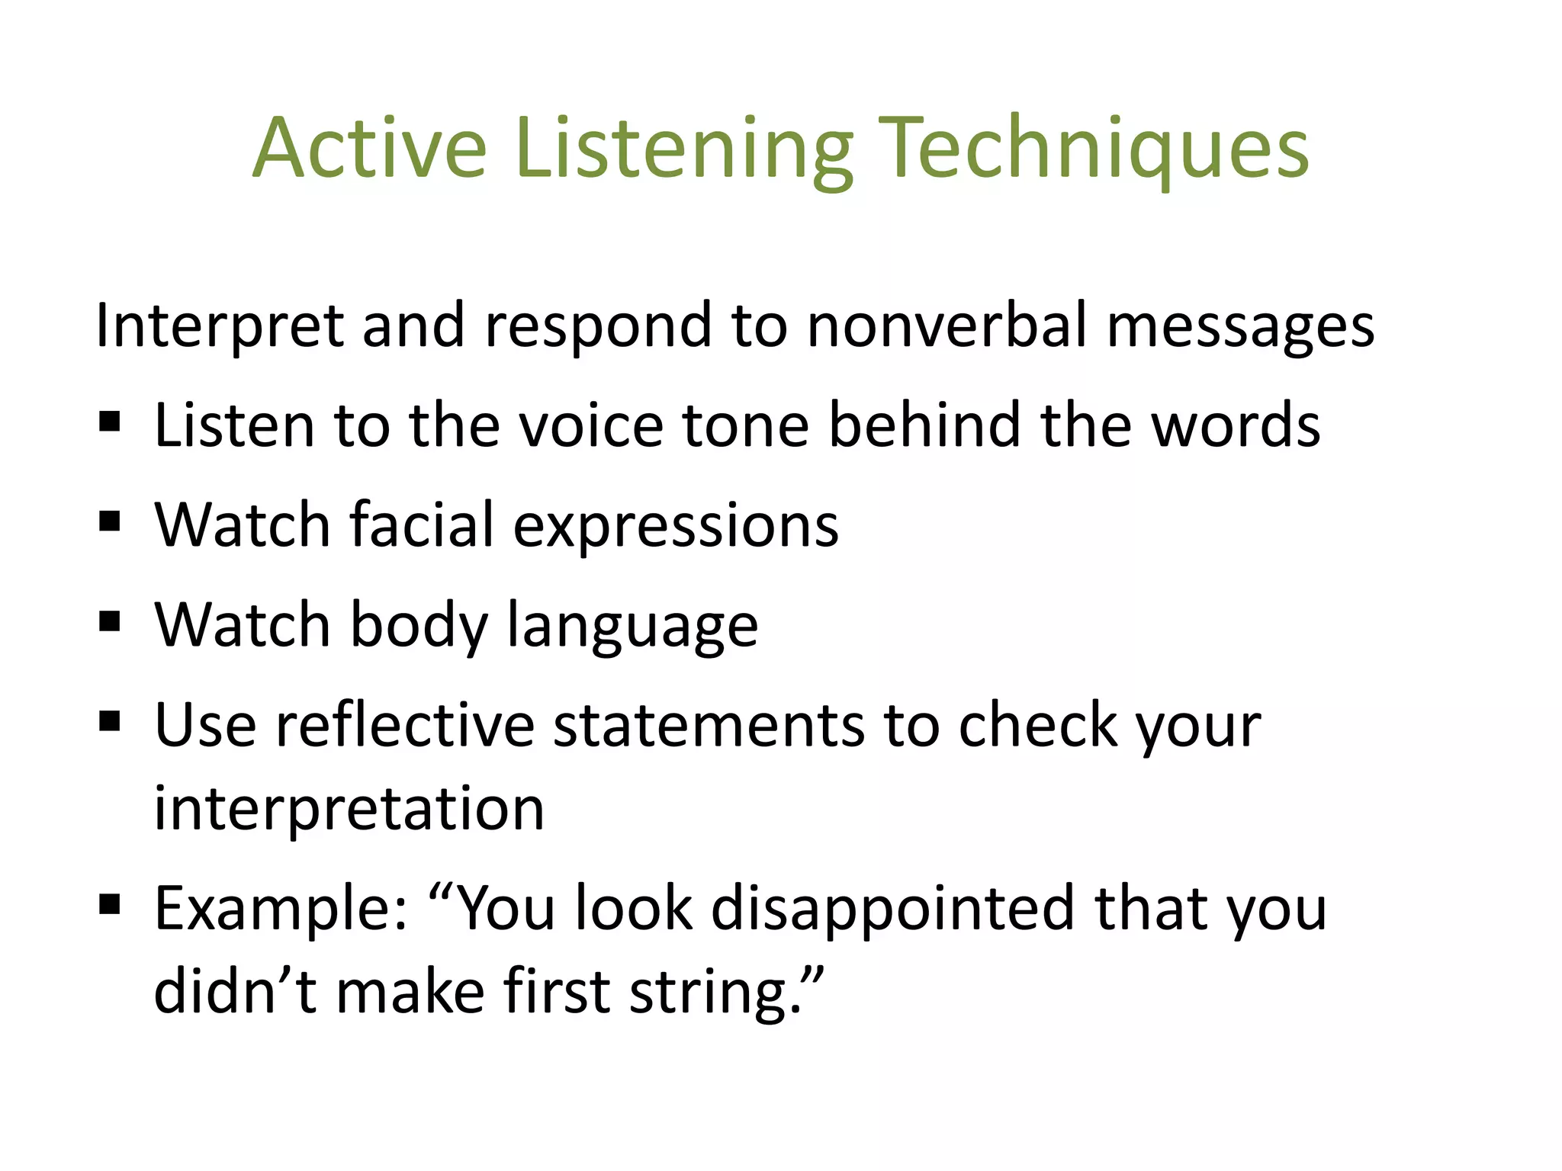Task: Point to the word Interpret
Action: (219, 326)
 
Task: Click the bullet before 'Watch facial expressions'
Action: (110, 522)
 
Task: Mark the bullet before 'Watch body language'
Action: (110, 621)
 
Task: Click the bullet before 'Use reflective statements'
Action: (110, 721)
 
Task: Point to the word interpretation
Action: (349, 809)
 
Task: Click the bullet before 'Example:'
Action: (110, 905)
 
